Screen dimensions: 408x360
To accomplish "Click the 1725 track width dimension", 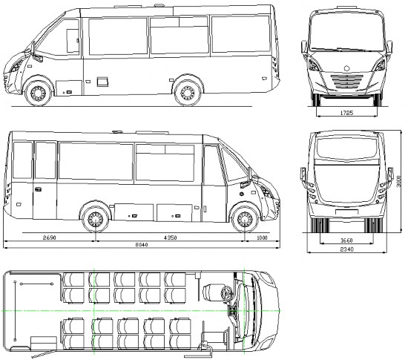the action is click(x=346, y=113).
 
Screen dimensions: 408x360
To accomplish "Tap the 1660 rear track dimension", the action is click(x=346, y=240).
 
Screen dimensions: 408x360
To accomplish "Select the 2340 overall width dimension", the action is click(x=347, y=249).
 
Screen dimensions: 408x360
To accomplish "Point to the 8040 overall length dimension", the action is click(x=142, y=245).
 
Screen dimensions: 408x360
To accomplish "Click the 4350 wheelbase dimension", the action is click(x=170, y=238).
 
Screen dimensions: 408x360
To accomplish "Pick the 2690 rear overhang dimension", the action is click(x=50, y=238).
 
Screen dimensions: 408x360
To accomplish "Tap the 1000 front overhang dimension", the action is click(x=262, y=238).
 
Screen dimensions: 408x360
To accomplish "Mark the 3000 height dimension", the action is click(x=398, y=180).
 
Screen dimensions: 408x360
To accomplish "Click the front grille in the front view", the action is click(x=347, y=81).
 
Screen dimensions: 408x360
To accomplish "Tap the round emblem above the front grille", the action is click(x=346, y=68).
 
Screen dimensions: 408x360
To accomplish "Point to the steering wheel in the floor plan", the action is click(x=226, y=293).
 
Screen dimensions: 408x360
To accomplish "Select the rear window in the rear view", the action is click(x=346, y=148).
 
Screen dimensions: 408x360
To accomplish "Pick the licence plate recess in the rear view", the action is click(x=346, y=212).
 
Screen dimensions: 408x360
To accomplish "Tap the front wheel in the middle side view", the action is click(x=245, y=219).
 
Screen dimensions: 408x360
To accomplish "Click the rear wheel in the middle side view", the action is click(x=95, y=219).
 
